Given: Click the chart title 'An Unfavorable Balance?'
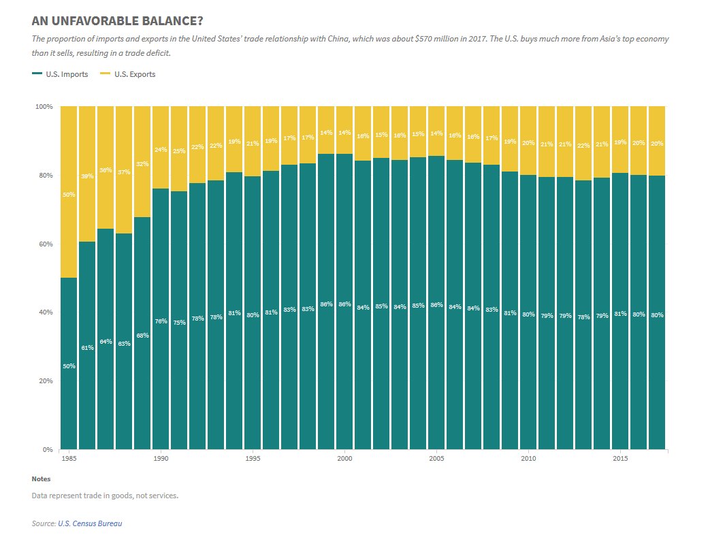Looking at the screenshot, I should tap(117, 22).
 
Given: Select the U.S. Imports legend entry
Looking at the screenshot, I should tap(61, 74).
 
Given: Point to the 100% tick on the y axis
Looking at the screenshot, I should tap(44, 107).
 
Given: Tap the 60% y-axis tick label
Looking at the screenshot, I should tap(46, 244).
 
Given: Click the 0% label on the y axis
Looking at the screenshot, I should tap(48, 449).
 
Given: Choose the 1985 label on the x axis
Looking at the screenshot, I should tap(69, 459).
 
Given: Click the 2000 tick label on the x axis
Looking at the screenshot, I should tap(344, 459).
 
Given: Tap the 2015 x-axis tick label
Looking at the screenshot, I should tap(620, 459).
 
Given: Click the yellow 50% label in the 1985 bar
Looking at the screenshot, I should tap(69, 195).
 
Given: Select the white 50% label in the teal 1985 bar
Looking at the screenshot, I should tap(69, 366).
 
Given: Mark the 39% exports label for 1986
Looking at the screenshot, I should tap(87, 176).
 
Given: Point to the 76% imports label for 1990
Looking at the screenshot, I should tap(161, 321).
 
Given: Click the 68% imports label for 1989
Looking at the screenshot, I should tap(142, 335).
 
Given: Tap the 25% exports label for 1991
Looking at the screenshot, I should tap(179, 151).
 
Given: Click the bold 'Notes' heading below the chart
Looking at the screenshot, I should tap(41, 479).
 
